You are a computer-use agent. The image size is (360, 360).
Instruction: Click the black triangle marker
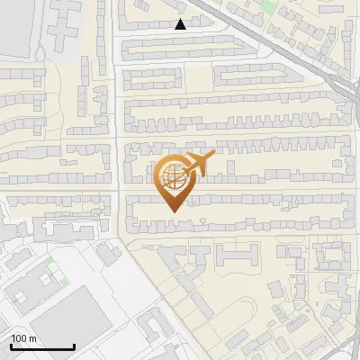click(x=181, y=24)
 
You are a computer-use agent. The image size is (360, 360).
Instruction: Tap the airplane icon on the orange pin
click(x=198, y=165)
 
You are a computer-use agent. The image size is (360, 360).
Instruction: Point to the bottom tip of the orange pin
click(x=171, y=211)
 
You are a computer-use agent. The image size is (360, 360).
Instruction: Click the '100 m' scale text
click(x=23, y=338)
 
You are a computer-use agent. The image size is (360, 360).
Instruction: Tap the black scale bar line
click(x=42, y=346)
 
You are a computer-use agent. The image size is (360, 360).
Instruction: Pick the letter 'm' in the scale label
click(x=32, y=338)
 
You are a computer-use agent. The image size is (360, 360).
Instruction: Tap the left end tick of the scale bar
click(x=11, y=346)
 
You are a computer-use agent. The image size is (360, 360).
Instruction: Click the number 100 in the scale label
click(x=19, y=338)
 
